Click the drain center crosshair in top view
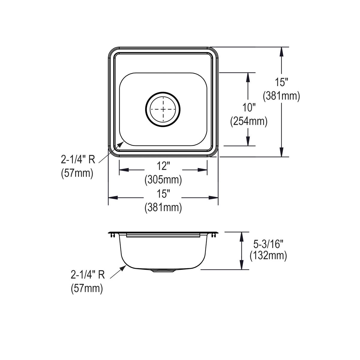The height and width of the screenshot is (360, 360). point(163,109)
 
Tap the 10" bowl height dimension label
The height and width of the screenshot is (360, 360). point(249,108)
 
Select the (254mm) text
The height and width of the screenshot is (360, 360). point(249,121)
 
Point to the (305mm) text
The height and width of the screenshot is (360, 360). point(163,180)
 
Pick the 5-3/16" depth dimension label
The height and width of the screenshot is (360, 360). point(268,244)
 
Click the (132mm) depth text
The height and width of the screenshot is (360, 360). point(268,256)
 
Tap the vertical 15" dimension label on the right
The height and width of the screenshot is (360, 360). point(281,82)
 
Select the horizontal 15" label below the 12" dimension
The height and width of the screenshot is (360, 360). point(163,193)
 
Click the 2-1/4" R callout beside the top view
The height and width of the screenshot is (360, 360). point(78,160)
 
